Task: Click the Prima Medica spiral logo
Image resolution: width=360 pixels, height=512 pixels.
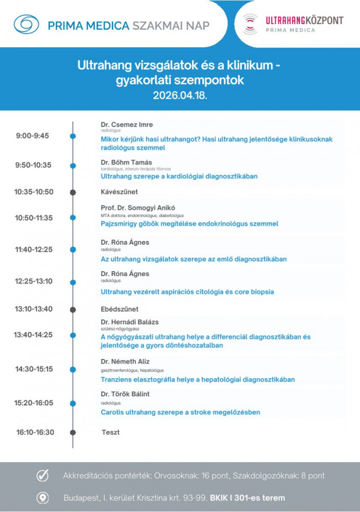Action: pyautogui.click(x=26, y=24)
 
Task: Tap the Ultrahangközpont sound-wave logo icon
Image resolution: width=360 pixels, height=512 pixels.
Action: pyautogui.click(x=249, y=24)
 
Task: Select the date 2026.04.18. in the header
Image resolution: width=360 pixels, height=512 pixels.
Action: pyautogui.click(x=180, y=95)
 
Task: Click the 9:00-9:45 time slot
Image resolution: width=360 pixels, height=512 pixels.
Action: pyautogui.click(x=32, y=136)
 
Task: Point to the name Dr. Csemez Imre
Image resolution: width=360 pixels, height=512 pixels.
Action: pyautogui.click(x=127, y=124)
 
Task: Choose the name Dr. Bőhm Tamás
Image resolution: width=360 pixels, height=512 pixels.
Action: pyautogui.click(x=126, y=162)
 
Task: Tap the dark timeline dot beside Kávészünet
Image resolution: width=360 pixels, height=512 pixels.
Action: pyautogui.click(x=73, y=192)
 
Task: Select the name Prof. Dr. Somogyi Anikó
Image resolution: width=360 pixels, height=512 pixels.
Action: pyautogui.click(x=138, y=208)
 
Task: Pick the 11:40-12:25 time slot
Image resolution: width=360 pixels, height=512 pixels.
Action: pyautogui.click(x=34, y=249)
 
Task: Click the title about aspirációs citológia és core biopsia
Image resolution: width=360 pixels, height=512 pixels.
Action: pyautogui.click(x=187, y=292)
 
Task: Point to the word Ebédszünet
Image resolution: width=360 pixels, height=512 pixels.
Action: pyautogui.click(x=120, y=309)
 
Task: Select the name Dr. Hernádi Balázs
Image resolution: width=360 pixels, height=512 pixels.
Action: pyautogui.click(x=130, y=322)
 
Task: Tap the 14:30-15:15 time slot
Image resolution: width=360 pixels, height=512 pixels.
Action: pyautogui.click(x=34, y=369)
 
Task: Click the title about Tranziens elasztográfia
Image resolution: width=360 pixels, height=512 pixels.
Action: pyautogui.click(x=198, y=379)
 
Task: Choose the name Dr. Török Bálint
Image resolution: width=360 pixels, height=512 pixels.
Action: pyautogui.click(x=125, y=394)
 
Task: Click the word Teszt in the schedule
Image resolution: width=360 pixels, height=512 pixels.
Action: pyautogui.click(x=111, y=432)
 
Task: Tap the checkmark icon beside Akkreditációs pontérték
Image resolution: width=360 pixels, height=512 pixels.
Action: pyautogui.click(x=43, y=476)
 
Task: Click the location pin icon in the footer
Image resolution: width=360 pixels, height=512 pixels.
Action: pyautogui.click(x=43, y=498)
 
